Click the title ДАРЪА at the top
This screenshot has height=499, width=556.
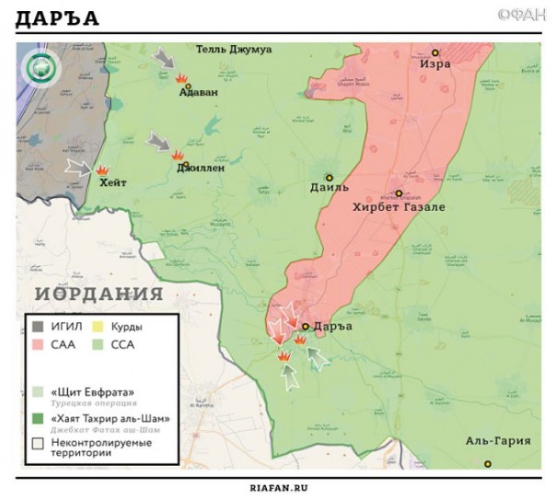[57, 18]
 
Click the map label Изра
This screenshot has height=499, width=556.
[435, 66]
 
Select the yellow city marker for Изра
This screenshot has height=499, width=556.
[435, 52]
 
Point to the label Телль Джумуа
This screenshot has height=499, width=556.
[233, 49]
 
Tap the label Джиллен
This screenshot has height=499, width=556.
[201, 168]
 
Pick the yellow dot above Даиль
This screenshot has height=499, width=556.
[329, 177]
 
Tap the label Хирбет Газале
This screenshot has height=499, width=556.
[399, 207]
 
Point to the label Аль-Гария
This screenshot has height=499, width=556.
[498, 440]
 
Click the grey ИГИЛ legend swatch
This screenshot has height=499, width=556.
[38, 327]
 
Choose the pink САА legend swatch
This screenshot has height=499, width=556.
[38, 345]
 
